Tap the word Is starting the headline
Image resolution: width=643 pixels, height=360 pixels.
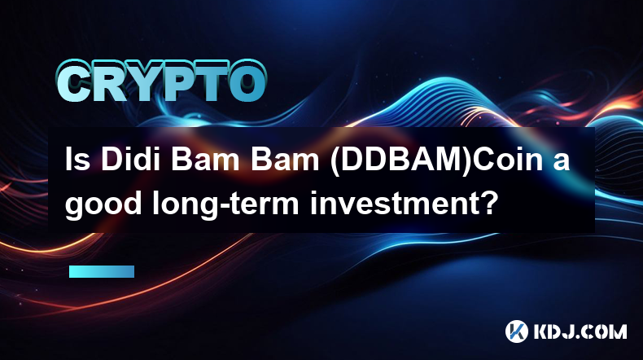(77, 159)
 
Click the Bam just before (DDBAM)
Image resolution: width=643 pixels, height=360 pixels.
(285, 159)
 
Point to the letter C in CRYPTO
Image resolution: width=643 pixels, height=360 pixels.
(74, 81)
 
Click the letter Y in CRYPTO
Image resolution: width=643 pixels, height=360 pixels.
(141, 81)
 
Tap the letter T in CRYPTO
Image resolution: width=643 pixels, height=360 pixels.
(209, 81)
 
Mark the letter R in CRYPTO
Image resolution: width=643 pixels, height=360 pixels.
(108, 81)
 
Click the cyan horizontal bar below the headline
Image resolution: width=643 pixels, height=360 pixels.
(102, 271)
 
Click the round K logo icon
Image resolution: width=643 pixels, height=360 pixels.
(517, 331)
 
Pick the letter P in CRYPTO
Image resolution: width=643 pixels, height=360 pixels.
(176, 81)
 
